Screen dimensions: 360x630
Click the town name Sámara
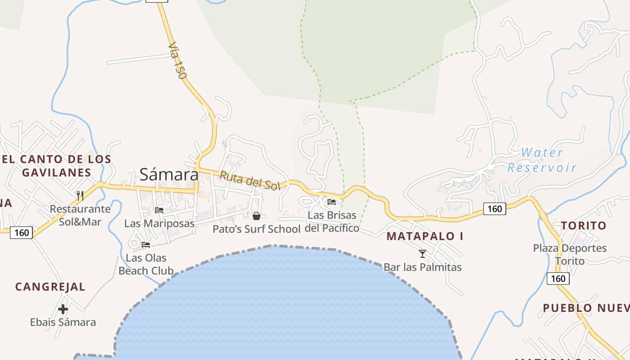point(169,174)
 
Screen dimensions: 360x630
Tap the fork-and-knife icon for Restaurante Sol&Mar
point(80,195)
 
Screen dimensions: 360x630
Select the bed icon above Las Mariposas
point(159,210)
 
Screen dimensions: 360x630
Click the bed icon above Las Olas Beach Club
point(146,245)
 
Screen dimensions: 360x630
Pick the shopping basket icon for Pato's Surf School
point(256,216)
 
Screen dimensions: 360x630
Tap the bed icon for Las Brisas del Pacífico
point(332,202)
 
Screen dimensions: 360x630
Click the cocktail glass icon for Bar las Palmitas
point(423,254)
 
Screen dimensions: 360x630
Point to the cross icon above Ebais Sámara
point(63,309)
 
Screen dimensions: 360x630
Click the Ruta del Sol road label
point(249,180)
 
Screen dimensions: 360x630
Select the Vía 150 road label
point(177,61)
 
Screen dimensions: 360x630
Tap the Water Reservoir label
point(542,160)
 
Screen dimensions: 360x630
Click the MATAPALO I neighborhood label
point(425,236)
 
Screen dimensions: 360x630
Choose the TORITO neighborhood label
point(584,226)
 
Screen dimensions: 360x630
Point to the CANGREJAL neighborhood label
point(50,287)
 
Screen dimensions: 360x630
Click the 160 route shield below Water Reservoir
point(495,208)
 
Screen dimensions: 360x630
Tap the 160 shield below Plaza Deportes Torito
point(558,279)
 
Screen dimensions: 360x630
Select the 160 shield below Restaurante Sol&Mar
point(21,233)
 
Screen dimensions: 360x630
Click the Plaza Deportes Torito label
point(570,254)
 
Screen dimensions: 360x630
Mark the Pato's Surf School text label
point(256,229)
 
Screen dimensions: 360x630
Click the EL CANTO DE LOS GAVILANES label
point(56,166)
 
